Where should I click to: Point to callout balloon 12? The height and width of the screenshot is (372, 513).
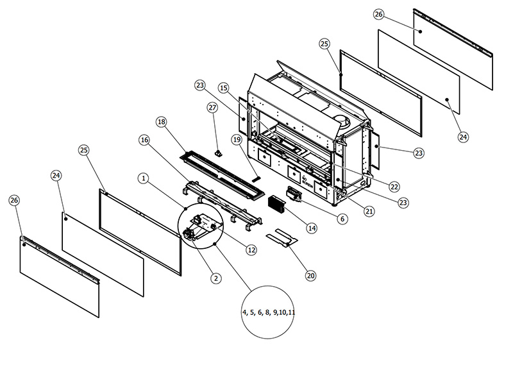pyautogui.click(x=251, y=249)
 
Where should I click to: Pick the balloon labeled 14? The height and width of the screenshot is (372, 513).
pyautogui.click(x=312, y=228)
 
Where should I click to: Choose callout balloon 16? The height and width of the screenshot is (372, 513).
pyautogui.click(x=144, y=139)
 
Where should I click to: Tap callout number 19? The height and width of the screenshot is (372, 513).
pyautogui.click(x=237, y=139)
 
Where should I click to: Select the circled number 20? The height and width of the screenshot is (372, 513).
pyautogui.click(x=311, y=276)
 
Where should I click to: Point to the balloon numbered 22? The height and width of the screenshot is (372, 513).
pyautogui.click(x=394, y=187)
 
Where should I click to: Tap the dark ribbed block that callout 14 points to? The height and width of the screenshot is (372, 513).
pyautogui.click(x=279, y=204)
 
